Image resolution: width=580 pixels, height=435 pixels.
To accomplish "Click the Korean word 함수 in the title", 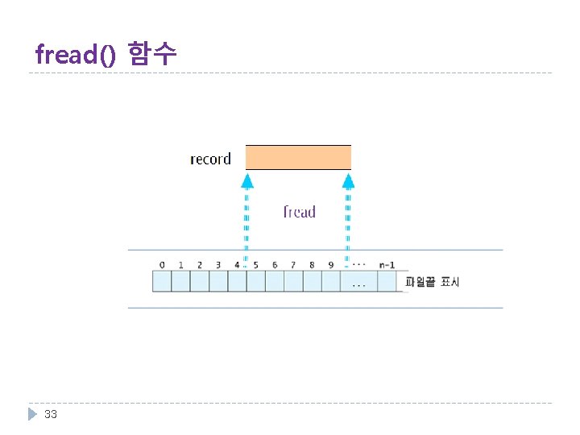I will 152,54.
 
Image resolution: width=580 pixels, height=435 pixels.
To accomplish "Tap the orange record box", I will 298,157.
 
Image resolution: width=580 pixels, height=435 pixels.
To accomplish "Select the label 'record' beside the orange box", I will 210,159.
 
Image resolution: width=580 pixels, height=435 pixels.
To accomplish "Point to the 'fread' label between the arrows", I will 299,212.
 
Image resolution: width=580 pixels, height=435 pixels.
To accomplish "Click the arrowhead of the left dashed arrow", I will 247,180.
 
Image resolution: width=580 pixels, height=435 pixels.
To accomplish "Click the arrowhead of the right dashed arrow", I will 348,180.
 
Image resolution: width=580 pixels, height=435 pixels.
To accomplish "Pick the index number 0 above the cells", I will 162,264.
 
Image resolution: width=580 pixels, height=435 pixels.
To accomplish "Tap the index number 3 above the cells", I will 218,264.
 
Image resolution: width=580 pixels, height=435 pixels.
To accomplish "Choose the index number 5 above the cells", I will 255,264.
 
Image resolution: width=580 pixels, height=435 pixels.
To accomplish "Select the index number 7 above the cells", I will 293,264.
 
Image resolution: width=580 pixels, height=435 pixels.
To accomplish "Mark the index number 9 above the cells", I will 330,264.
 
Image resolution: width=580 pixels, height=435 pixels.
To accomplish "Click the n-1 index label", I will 387,264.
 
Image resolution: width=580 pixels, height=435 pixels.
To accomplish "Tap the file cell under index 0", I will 162,281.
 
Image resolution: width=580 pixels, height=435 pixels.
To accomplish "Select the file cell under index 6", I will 275,281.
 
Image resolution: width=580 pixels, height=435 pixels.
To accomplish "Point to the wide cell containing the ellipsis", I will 359,281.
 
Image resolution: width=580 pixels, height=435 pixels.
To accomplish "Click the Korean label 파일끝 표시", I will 433,282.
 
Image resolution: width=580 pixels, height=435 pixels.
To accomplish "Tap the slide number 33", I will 51,414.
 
